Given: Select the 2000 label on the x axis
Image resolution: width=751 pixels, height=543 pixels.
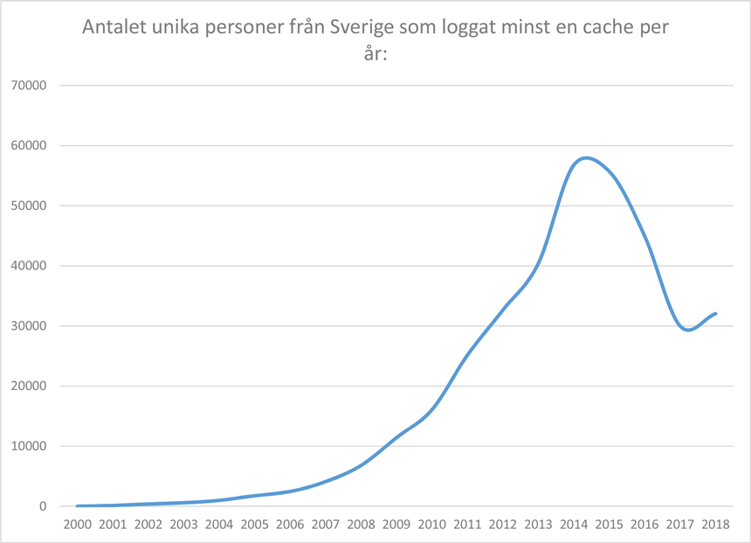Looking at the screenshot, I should pos(77,525).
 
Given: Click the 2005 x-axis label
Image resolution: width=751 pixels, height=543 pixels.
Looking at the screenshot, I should pos(254,525).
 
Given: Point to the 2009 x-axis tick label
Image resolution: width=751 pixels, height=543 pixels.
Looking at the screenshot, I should pos(396,525).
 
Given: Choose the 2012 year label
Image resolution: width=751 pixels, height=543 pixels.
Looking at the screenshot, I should pos(502,525).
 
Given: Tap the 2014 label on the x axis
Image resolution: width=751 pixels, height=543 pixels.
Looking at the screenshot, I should pos(573,525).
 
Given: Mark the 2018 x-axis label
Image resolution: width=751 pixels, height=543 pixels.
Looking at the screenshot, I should pos(714,525).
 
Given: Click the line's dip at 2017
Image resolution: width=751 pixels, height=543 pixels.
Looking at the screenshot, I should pos(688,330).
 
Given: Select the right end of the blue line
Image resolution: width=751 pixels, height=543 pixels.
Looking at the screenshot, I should pos(715,313).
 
